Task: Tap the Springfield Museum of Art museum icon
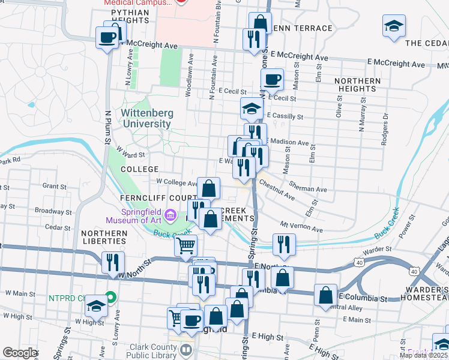click(171, 214)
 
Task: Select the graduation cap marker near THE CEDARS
click(394, 26)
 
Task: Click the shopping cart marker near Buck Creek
click(186, 245)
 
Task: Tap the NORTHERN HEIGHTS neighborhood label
click(358, 85)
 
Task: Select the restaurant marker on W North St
click(112, 263)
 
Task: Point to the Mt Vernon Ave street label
click(302, 227)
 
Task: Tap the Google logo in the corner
click(20, 353)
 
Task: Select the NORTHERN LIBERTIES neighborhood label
click(104, 237)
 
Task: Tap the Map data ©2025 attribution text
click(423, 355)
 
